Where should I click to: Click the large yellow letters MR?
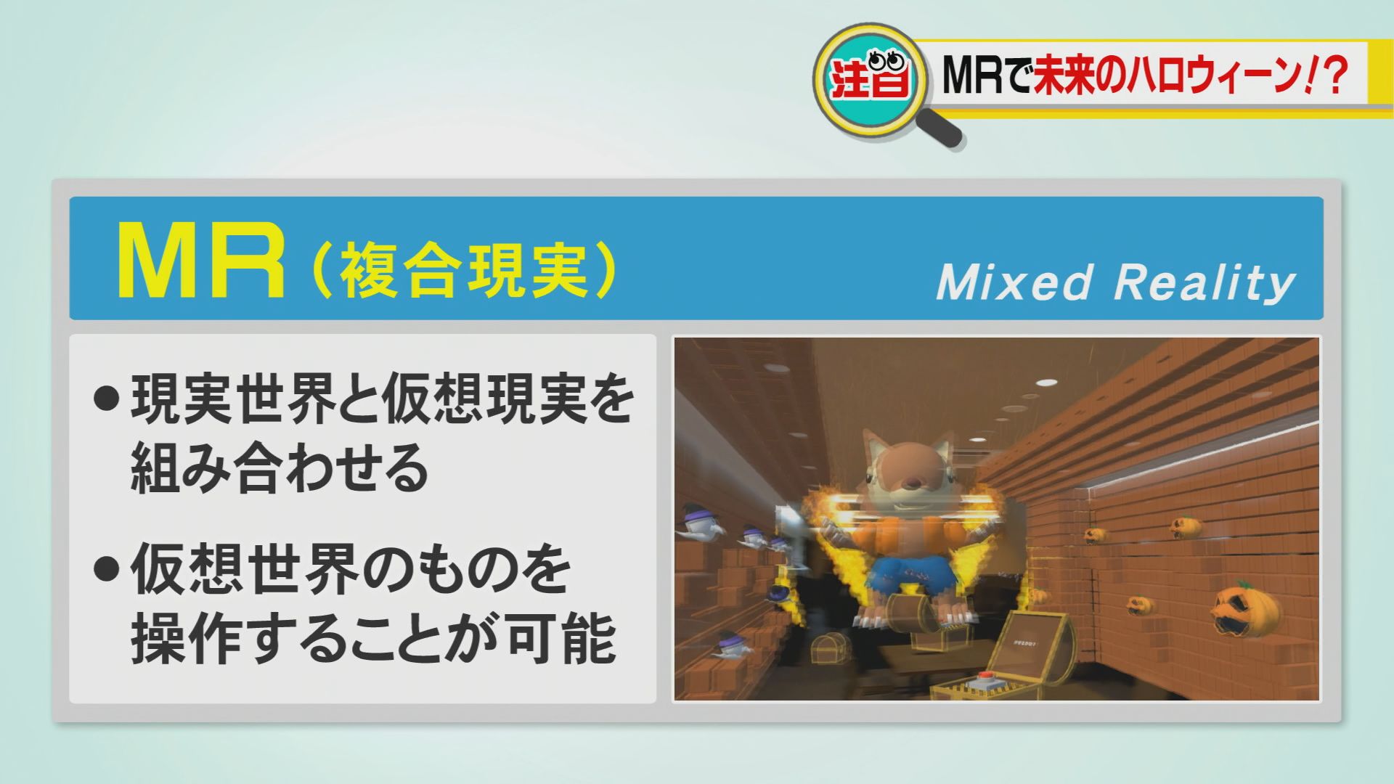[202, 261]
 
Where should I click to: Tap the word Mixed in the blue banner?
[1014, 282]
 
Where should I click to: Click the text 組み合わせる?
[280, 469]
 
